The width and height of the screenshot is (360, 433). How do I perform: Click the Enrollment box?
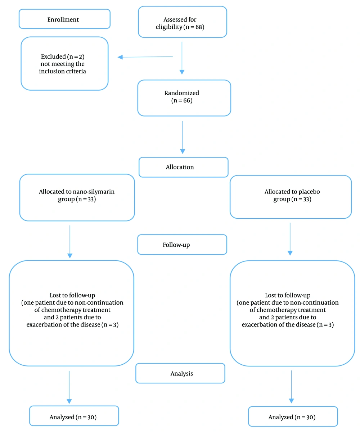point(64,19)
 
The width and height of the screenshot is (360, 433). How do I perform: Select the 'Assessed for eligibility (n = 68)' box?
point(182,22)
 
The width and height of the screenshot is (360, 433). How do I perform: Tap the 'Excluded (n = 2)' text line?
point(63,56)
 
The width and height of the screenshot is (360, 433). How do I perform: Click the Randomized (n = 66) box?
point(184,98)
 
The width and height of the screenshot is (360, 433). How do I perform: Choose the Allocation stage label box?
point(183,167)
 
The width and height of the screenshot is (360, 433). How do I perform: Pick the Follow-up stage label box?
point(182,245)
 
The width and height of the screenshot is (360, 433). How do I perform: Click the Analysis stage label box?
point(180,373)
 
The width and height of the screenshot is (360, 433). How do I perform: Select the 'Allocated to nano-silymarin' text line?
point(77,192)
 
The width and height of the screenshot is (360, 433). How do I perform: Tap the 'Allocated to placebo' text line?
point(292,192)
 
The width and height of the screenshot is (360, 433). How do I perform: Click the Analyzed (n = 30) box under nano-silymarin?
point(74,416)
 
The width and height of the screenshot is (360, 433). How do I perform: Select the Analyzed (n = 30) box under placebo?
point(293,416)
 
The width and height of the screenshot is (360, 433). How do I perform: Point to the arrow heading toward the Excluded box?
point(145,57)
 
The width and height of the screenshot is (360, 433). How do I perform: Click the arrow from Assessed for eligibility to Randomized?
point(182,58)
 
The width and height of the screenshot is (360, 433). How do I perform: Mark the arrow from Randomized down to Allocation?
point(183,137)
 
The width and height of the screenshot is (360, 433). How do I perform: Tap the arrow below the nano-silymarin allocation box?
point(70,242)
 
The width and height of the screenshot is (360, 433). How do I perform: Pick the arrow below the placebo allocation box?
point(290,239)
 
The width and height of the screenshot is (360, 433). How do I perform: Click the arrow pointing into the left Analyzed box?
point(69,387)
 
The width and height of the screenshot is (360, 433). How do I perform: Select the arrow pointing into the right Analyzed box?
point(291,387)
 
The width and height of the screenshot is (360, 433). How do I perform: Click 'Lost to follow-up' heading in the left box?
point(72,295)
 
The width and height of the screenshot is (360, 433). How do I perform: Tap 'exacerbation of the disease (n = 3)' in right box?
point(288,324)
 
